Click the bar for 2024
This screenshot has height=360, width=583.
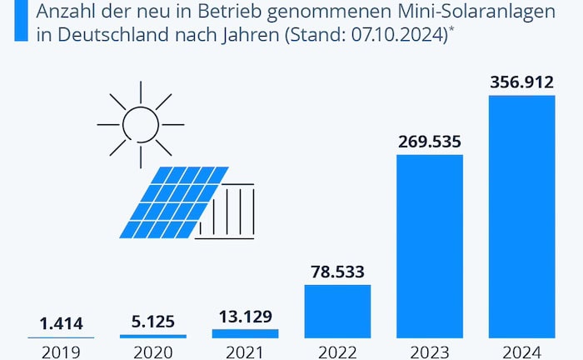pyautogui.click(x=521, y=217)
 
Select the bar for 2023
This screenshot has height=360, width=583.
pyautogui.click(x=429, y=246)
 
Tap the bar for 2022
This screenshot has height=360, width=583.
pyautogui.click(x=337, y=311)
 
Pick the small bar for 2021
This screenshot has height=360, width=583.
pyautogui.click(x=245, y=333)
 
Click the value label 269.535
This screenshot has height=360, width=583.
pyautogui.click(x=429, y=141)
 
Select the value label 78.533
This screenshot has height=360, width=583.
pyautogui.click(x=337, y=272)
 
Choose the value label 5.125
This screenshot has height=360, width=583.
pyautogui.click(x=152, y=322)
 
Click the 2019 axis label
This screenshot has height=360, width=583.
pyautogui.click(x=61, y=351)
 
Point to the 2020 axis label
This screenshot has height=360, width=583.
pyautogui.click(x=152, y=351)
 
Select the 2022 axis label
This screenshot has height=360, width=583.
pyautogui.click(x=337, y=351)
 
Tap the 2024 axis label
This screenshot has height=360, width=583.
pyautogui.click(x=521, y=351)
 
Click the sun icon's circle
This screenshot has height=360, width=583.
pyautogui.click(x=140, y=124)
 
